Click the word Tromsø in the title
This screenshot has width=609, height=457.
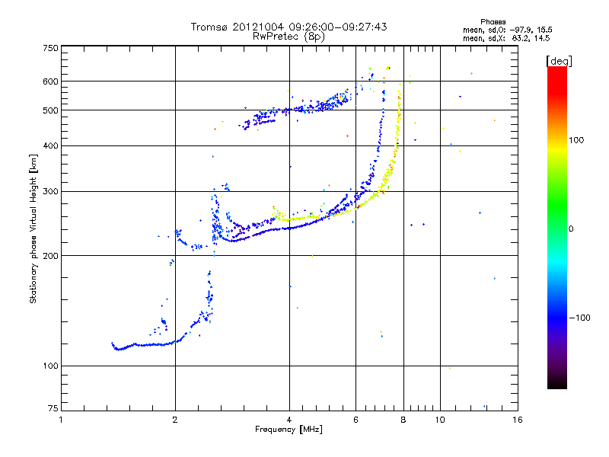pyautogui.click(x=209, y=27)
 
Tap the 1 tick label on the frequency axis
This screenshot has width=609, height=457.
pyautogui.click(x=61, y=419)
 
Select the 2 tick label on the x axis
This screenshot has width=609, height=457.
pyautogui.click(x=175, y=419)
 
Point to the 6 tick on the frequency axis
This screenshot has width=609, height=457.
pyautogui.click(x=356, y=419)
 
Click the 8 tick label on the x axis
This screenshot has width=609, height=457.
pyautogui.click(x=403, y=419)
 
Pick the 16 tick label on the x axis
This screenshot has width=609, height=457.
pyautogui.click(x=517, y=419)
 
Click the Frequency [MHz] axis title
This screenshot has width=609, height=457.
pyautogui.click(x=289, y=430)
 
